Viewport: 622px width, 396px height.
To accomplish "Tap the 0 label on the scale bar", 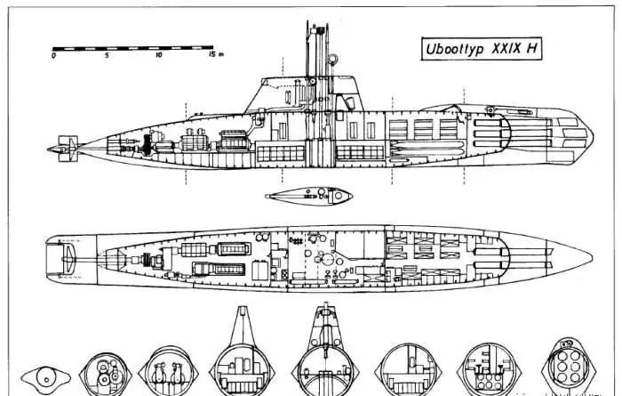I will click(54, 55).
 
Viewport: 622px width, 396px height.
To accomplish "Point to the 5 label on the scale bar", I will click(107, 55).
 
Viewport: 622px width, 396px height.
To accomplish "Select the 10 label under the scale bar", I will click(159, 55).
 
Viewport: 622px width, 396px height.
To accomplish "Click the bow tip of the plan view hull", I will click(593, 255).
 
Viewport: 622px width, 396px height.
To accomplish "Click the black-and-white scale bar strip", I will click(133, 44).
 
